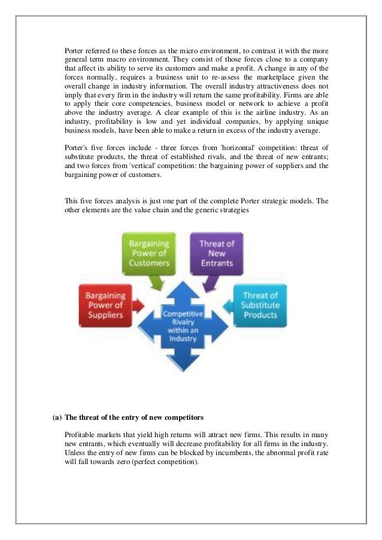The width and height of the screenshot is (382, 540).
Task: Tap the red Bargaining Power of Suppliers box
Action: click(x=104, y=305)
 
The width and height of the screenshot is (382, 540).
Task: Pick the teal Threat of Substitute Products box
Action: click(x=260, y=305)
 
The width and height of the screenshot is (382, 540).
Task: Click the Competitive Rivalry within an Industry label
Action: click(x=184, y=325)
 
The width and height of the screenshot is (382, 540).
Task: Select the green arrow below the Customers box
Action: click(x=157, y=282)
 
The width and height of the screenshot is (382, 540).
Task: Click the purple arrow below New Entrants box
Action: click(x=210, y=280)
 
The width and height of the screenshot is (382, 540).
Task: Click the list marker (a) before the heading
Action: click(x=57, y=417)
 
